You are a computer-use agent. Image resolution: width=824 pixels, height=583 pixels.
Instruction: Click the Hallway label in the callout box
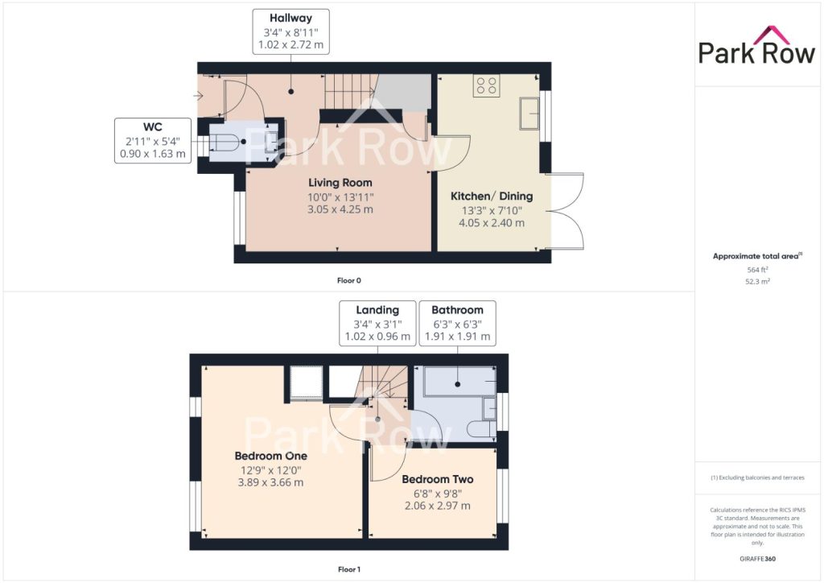tap(290, 19)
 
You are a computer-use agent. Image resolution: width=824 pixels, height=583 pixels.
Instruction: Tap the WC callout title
tap(152, 127)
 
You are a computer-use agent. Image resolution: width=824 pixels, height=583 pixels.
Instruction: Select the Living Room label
tap(340, 183)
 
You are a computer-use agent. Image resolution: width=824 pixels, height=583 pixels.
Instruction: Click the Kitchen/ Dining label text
tap(492, 196)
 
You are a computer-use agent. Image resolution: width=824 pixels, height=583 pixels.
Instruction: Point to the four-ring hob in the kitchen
tap(487, 85)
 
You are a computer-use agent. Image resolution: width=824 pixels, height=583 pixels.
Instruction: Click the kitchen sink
tap(529, 113)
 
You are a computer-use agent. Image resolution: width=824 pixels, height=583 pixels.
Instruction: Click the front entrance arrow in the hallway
tap(198, 96)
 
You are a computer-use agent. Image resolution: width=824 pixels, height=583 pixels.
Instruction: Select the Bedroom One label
tap(271, 457)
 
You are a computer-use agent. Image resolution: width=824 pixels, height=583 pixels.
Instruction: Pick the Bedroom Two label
tap(438, 479)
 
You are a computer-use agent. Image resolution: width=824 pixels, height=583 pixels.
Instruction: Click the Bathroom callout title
tap(457, 310)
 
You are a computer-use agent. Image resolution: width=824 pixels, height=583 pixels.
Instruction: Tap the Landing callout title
tap(377, 310)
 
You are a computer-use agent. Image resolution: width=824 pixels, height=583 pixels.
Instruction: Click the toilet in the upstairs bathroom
tap(481, 428)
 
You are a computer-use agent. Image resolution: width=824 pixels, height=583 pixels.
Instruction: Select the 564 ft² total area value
tap(757, 270)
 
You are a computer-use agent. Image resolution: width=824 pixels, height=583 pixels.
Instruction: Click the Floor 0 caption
tap(349, 281)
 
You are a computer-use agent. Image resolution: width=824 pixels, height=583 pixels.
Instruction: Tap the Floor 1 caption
tap(349, 569)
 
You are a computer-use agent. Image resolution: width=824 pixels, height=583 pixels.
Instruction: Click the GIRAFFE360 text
tap(757, 559)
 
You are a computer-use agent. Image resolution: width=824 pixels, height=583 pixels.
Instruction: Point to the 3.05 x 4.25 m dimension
tap(340, 209)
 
